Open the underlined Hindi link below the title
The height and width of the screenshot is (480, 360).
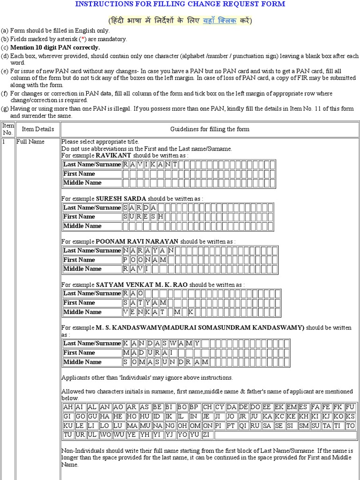[x=219, y=21]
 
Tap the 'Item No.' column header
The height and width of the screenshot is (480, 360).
[x=8, y=129]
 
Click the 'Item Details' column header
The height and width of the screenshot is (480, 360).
[x=37, y=129]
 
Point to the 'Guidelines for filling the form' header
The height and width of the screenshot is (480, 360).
[x=210, y=129]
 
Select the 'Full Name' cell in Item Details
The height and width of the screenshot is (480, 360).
[x=30, y=142]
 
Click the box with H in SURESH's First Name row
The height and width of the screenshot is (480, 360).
[x=161, y=217]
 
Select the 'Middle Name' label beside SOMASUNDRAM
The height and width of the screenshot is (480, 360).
[x=82, y=362]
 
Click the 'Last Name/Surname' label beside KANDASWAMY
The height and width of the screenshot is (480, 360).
[x=92, y=343]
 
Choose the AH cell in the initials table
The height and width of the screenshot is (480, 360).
[x=67, y=407]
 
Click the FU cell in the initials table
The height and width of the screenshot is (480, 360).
[x=350, y=407]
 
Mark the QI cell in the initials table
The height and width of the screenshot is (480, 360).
[x=242, y=426]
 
